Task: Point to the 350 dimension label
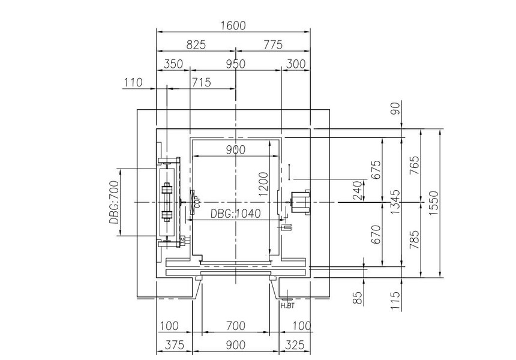[173, 64]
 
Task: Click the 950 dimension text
[236, 64]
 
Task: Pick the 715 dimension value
[201, 83]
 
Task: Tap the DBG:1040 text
[236, 214]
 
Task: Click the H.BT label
[287, 305]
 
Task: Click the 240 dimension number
[358, 191]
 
